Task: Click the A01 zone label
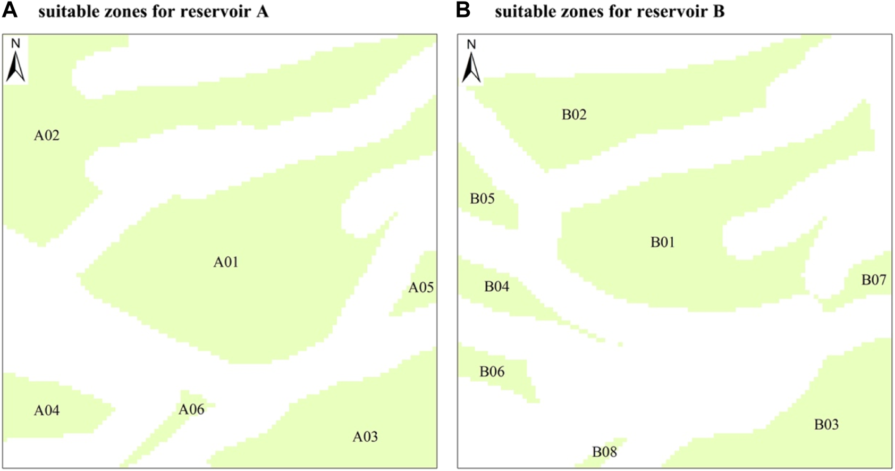tap(226, 262)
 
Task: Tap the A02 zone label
tap(47, 136)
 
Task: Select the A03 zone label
tap(365, 437)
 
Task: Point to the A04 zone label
tap(47, 410)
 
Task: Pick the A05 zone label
tap(421, 288)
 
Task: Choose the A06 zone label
tap(191, 409)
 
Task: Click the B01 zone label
tap(662, 242)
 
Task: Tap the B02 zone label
tap(574, 115)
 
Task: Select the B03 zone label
tap(826, 424)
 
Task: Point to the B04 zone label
tap(496, 287)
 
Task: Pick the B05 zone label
tap(482, 199)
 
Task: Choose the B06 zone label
tap(492, 372)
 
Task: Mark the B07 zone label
tap(874, 280)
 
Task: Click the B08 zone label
tap(604, 452)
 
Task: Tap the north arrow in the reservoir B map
tap(471, 62)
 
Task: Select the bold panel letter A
tap(10, 11)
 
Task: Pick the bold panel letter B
tap(463, 11)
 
